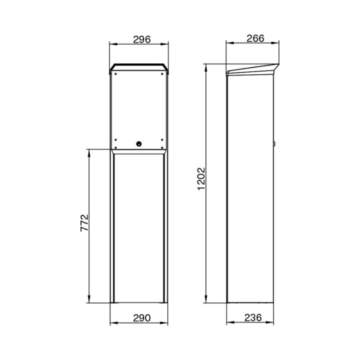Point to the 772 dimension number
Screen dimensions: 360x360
[85, 222]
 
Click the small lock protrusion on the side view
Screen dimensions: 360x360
[274, 144]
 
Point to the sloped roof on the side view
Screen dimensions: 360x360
[252, 69]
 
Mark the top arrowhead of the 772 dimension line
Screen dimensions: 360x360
[89, 150]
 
